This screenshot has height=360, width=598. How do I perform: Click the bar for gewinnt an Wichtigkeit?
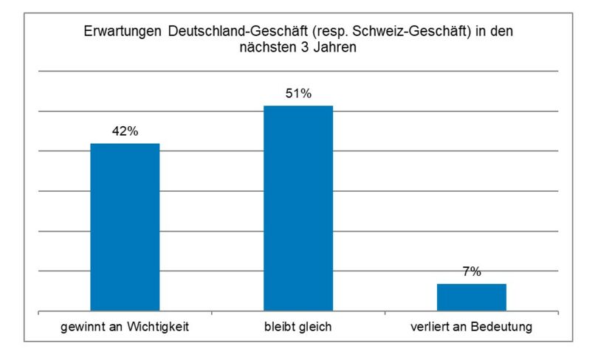pyautogui.click(x=125, y=226)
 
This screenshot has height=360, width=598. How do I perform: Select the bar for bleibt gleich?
pyautogui.click(x=298, y=208)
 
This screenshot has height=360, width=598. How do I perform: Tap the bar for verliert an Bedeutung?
pyautogui.click(x=472, y=297)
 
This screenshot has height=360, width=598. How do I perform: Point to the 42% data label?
pyautogui.click(x=125, y=131)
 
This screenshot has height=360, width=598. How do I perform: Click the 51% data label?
pyautogui.click(x=298, y=94)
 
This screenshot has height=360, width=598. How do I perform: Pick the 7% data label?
pyautogui.click(x=472, y=271)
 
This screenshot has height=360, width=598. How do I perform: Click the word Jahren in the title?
pyautogui.click(x=339, y=48)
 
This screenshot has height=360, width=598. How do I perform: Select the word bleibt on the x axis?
pyautogui.click(x=279, y=327)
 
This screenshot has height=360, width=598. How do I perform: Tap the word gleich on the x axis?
pyautogui.click(x=316, y=327)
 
